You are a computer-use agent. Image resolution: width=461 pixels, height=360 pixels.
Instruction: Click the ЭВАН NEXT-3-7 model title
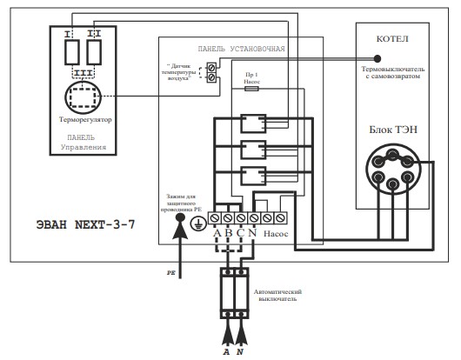click(85, 225)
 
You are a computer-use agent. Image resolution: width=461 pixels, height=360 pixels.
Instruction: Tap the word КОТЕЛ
click(392, 39)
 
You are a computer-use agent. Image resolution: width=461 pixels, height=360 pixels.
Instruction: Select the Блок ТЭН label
click(393, 130)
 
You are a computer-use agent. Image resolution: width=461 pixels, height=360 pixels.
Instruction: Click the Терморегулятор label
click(85, 120)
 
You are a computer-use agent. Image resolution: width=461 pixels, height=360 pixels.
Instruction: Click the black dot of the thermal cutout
click(377, 58)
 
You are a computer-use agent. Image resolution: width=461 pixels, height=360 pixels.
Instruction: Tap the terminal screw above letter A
click(215, 218)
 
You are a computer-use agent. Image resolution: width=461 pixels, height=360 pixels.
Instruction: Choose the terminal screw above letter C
click(241, 218)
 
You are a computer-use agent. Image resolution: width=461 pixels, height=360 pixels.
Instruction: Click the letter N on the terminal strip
click(253, 233)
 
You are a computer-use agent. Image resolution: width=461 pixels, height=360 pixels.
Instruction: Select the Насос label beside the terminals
click(276, 234)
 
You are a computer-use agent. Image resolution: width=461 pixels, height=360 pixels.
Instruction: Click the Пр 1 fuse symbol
click(251, 88)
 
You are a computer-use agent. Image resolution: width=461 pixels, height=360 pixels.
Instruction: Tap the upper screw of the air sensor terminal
click(211, 67)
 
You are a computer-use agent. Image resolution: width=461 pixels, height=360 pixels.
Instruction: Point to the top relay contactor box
click(253, 123)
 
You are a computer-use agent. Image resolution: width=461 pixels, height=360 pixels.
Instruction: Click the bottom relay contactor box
click(253, 176)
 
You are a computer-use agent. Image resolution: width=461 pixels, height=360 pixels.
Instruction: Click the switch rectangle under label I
click(71, 52)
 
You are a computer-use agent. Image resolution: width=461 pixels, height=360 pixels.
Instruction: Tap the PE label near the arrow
click(171, 273)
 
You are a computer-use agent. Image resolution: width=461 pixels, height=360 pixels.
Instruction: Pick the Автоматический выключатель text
click(277, 296)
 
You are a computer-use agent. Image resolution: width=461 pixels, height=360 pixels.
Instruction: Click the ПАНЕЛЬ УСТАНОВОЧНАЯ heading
click(242, 49)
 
